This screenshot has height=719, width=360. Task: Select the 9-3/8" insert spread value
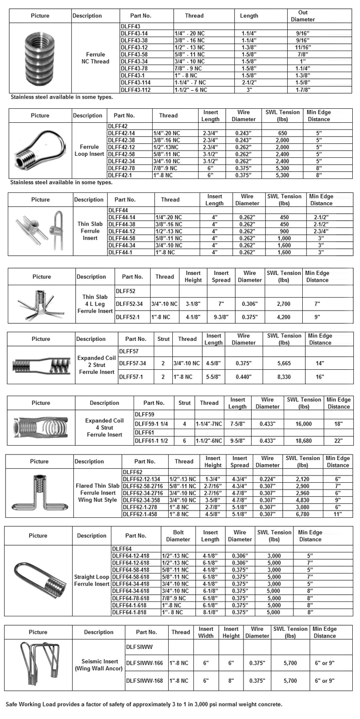click(x=221, y=316)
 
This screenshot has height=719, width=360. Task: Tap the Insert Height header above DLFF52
click(x=193, y=276)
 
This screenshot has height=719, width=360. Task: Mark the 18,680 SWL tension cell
click(x=304, y=440)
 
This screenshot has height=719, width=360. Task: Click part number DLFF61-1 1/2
click(x=153, y=440)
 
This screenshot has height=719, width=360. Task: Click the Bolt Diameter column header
click(x=178, y=536)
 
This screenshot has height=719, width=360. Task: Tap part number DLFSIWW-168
click(x=144, y=681)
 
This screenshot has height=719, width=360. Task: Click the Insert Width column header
click(x=206, y=632)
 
